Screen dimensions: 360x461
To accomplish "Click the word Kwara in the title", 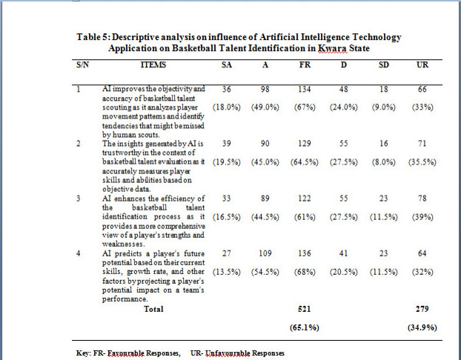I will [x=333, y=47].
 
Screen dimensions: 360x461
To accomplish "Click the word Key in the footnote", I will [x=82, y=353].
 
